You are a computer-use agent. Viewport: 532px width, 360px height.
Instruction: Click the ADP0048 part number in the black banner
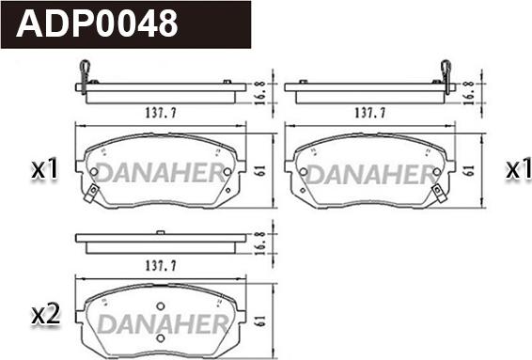97,23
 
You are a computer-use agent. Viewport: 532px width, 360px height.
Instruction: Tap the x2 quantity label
46,315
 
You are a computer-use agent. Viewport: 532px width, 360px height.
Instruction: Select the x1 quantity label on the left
45,168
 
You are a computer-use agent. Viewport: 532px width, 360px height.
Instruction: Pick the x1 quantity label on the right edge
519,168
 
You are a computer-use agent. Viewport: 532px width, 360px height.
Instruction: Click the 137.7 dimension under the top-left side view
161,112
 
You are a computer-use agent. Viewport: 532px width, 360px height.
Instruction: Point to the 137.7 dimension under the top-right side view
369,112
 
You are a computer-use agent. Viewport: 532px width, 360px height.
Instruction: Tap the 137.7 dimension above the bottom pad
161,265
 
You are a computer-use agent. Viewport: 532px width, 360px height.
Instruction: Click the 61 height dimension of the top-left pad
260,171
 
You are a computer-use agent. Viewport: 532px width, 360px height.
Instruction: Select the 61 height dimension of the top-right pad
469,171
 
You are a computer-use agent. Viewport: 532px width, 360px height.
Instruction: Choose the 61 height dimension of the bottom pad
260,321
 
